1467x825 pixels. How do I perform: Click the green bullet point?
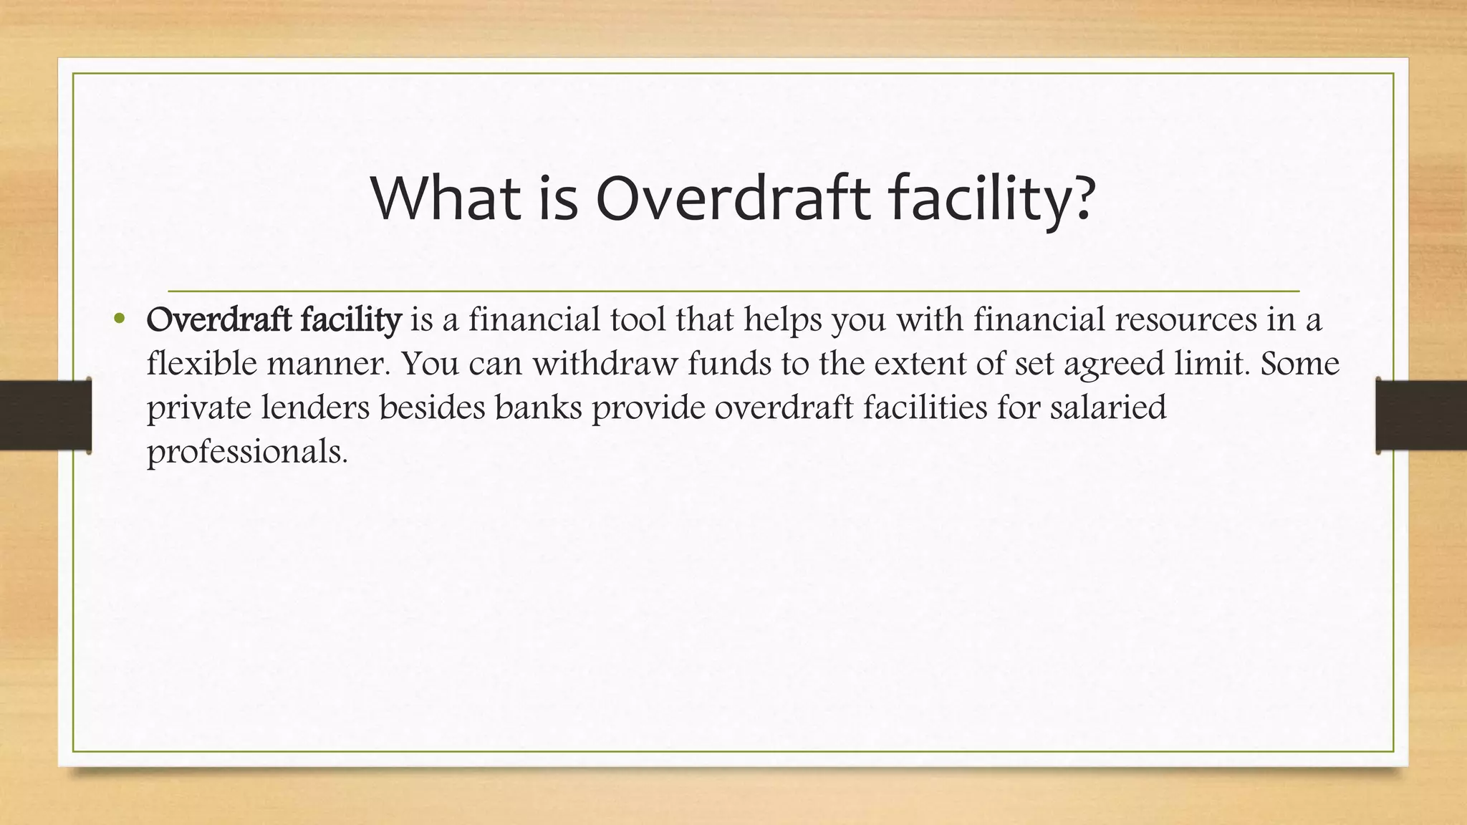pyautogui.click(x=119, y=319)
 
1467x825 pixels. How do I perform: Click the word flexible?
pyautogui.click(x=201, y=364)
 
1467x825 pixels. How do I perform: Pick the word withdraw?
pyautogui.click(x=605, y=364)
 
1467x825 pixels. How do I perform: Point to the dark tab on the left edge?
pyautogui.click(x=45, y=415)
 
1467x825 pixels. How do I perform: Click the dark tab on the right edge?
pyautogui.click(x=1421, y=415)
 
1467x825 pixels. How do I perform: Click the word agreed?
pyautogui.click(x=1113, y=365)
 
